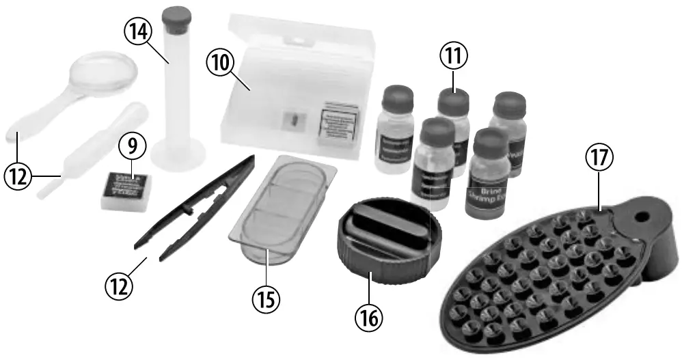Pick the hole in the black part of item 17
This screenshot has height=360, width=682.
click(643, 217)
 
